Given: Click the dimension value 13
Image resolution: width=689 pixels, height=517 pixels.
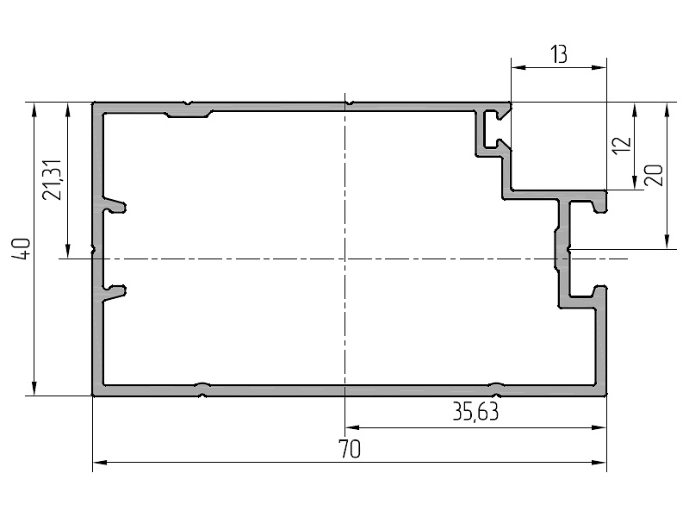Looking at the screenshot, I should point(558,55).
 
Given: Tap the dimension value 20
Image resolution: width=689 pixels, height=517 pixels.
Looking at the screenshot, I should point(652,175).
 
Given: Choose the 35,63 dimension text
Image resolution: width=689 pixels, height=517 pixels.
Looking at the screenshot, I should point(475,413).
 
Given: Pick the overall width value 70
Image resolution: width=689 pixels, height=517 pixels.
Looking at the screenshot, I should point(350,449).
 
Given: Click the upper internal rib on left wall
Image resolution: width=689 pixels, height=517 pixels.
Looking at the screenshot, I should point(116,207).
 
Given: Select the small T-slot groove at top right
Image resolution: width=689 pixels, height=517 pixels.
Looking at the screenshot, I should point(494,128).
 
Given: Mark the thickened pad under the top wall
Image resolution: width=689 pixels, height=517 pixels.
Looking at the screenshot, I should point(189,112).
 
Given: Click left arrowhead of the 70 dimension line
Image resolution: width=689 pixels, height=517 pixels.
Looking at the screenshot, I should point(97,463).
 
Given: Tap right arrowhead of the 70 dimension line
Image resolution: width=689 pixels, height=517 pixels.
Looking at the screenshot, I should point(601,463).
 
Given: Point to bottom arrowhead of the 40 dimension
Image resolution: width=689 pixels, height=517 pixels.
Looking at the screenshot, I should point(34,390).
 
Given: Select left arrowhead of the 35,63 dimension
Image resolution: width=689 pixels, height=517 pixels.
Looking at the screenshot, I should point(351,427).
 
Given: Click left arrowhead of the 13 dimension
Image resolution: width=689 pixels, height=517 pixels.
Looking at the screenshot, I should point(516,66).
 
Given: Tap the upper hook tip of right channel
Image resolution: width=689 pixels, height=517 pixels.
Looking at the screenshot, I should point(600,207).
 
